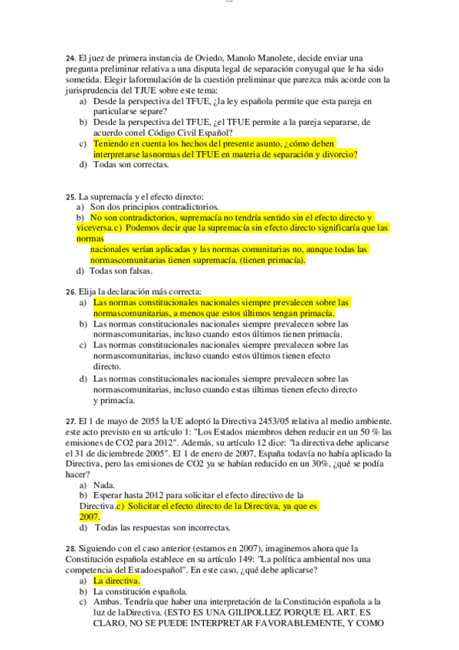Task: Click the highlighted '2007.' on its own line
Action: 90,517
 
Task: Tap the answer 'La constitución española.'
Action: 140,592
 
